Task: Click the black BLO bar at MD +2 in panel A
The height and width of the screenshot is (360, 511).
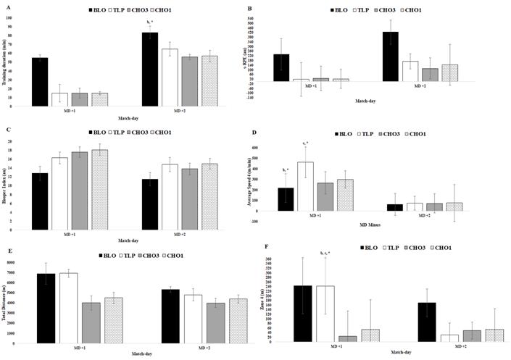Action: click(149, 70)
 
